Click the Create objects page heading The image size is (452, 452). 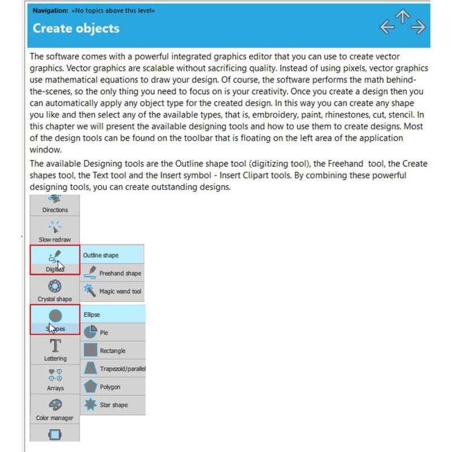(76, 28)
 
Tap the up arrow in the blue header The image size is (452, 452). (402, 16)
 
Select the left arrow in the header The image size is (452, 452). (386, 27)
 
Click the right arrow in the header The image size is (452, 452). (419, 27)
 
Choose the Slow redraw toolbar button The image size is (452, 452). (55, 231)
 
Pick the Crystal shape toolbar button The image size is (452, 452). (55, 290)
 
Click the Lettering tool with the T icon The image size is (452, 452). (55, 350)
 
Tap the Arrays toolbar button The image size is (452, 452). (55, 380)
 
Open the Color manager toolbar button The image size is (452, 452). (55, 410)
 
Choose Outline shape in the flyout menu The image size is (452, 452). (112, 255)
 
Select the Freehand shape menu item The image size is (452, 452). (113, 273)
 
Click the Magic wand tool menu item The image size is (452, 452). (113, 292)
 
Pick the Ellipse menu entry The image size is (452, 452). (113, 314)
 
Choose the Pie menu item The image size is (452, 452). (113, 333)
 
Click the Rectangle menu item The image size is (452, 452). (113, 350)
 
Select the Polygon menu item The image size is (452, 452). (113, 387)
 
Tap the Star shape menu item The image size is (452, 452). (113, 405)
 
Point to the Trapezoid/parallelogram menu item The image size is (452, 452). (113, 369)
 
